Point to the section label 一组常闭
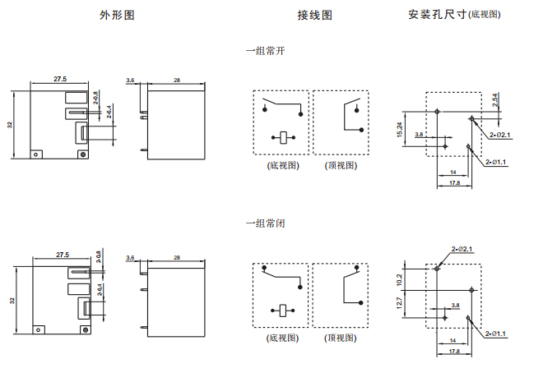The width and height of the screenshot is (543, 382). pos(265,223)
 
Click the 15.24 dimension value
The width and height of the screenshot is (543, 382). pos(400,130)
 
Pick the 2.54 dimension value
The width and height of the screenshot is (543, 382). pos(494,99)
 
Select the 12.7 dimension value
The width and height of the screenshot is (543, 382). pos(400,303)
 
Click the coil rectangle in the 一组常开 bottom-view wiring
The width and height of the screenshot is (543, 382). pos(282,137)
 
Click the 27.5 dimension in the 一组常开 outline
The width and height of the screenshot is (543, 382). pos(60,79)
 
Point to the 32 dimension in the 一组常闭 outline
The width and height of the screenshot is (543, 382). pos(12,301)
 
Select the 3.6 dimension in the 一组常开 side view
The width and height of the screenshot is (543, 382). pos(130,80)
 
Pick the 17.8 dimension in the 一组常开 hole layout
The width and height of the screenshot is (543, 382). pos(454,182)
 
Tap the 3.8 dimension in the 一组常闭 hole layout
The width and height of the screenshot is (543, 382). pos(455,305)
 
